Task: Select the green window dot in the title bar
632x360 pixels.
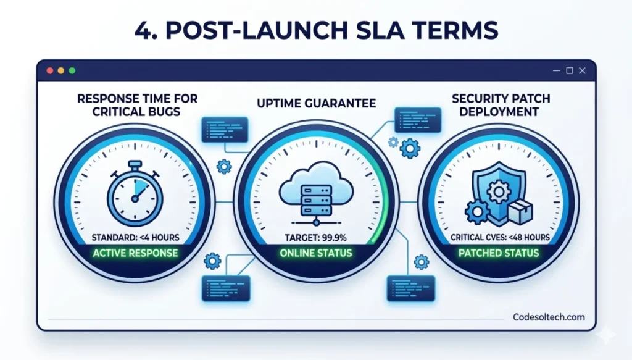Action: pos(72,70)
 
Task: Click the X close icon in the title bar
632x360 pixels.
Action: pos(582,70)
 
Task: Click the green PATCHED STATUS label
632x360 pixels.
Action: pos(498,253)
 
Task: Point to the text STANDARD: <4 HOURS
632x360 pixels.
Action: pos(135,237)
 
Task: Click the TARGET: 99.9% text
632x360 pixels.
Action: pos(315,238)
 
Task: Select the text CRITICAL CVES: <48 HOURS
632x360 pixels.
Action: pos(498,237)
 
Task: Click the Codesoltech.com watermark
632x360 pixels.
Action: pos(549,317)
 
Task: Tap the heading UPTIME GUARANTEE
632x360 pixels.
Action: pos(315,104)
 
